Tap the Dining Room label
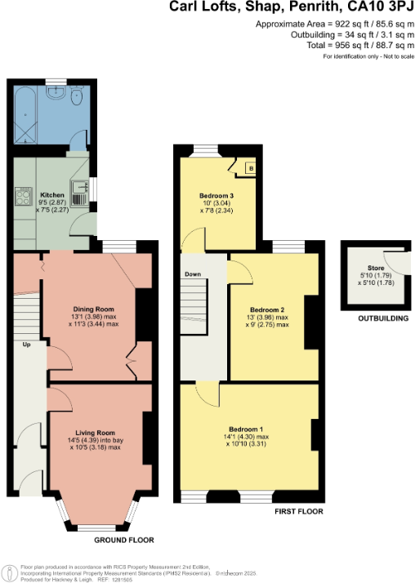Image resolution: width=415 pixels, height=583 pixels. pyautogui.click(x=93, y=309)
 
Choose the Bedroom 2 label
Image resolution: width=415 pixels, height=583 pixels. pyautogui.click(x=267, y=310)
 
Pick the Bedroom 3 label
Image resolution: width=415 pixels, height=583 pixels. pyautogui.click(x=216, y=196)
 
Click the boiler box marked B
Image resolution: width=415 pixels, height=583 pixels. pyautogui.click(x=250, y=169)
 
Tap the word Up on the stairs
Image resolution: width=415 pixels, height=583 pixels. pyautogui.click(x=26, y=345)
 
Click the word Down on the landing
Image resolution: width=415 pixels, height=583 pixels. pyautogui.click(x=193, y=274)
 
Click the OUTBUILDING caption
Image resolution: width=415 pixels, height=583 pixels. pyautogui.click(x=383, y=318)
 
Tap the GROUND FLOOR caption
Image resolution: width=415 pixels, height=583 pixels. pyautogui.click(x=123, y=540)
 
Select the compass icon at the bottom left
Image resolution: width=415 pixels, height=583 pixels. pyautogui.click(x=9, y=571)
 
